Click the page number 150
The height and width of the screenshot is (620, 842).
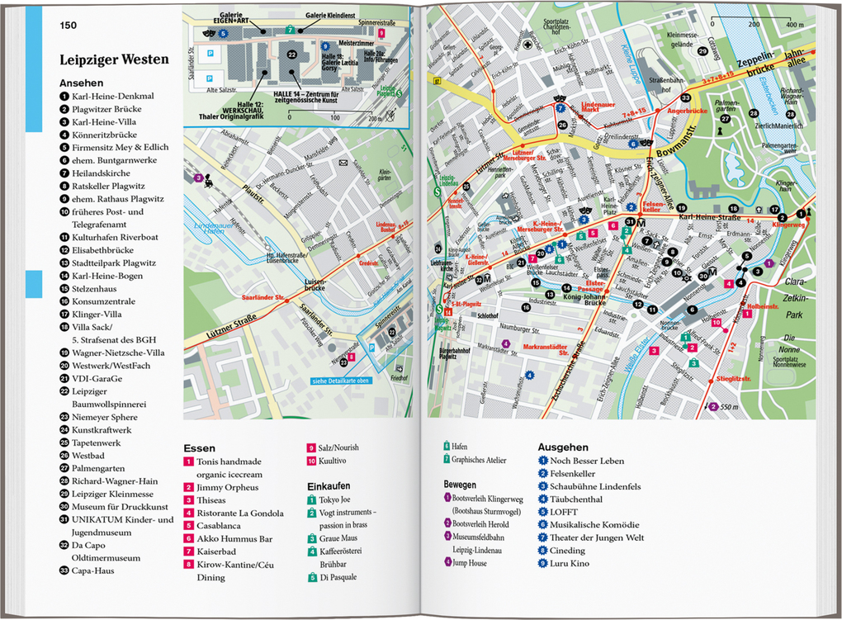[x=69, y=26]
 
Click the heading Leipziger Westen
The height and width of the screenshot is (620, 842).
[x=114, y=59]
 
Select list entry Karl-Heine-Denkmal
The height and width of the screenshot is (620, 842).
[x=111, y=97]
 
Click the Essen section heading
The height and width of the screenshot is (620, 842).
[x=200, y=448]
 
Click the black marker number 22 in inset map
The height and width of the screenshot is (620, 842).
[x=291, y=54]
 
